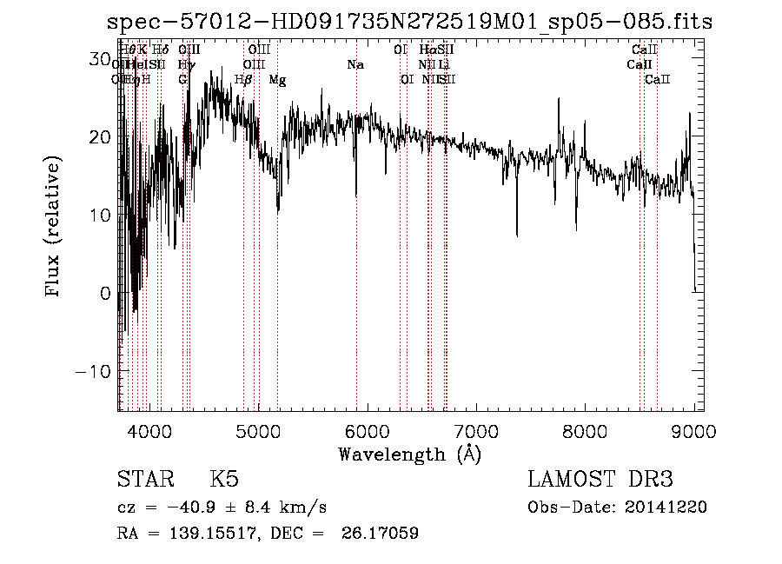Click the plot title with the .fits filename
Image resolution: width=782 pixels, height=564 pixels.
pyautogui.click(x=408, y=22)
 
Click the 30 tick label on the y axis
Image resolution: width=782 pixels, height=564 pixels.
pyautogui.click(x=100, y=58)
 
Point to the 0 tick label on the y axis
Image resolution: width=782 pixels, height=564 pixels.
pyautogui.click(x=105, y=293)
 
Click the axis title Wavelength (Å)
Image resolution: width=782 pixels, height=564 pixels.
pyautogui.click(x=409, y=454)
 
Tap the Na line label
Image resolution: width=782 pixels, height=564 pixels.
pyautogui.click(x=355, y=65)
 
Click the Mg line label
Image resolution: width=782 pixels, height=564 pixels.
pyautogui.click(x=277, y=80)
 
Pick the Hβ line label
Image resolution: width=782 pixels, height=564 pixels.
pyautogui.click(x=243, y=80)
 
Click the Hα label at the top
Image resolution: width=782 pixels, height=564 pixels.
pyautogui.click(x=427, y=50)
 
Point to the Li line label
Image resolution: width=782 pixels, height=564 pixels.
pyautogui.click(x=444, y=65)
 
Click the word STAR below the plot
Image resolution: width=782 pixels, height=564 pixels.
pyautogui.click(x=144, y=480)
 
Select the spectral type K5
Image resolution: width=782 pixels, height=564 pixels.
pyautogui.click(x=224, y=480)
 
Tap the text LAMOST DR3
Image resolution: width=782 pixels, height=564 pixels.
pyautogui.click(x=600, y=480)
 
